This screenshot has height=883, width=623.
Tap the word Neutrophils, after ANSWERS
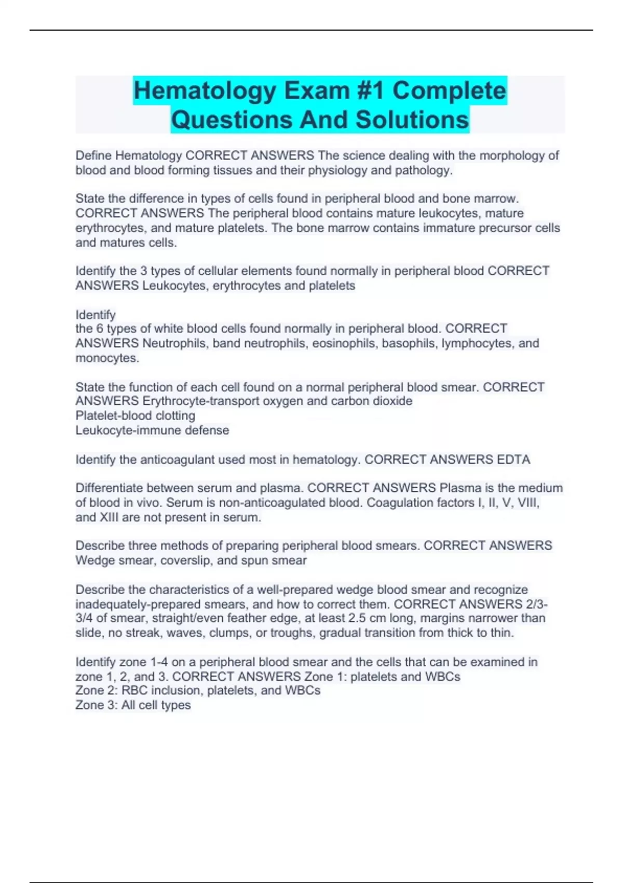[174, 343]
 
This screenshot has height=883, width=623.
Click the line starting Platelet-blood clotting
[135, 416]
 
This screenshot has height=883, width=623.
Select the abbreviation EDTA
[513, 460]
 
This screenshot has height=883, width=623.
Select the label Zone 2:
[97, 690]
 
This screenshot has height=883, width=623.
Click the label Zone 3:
[97, 705]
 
